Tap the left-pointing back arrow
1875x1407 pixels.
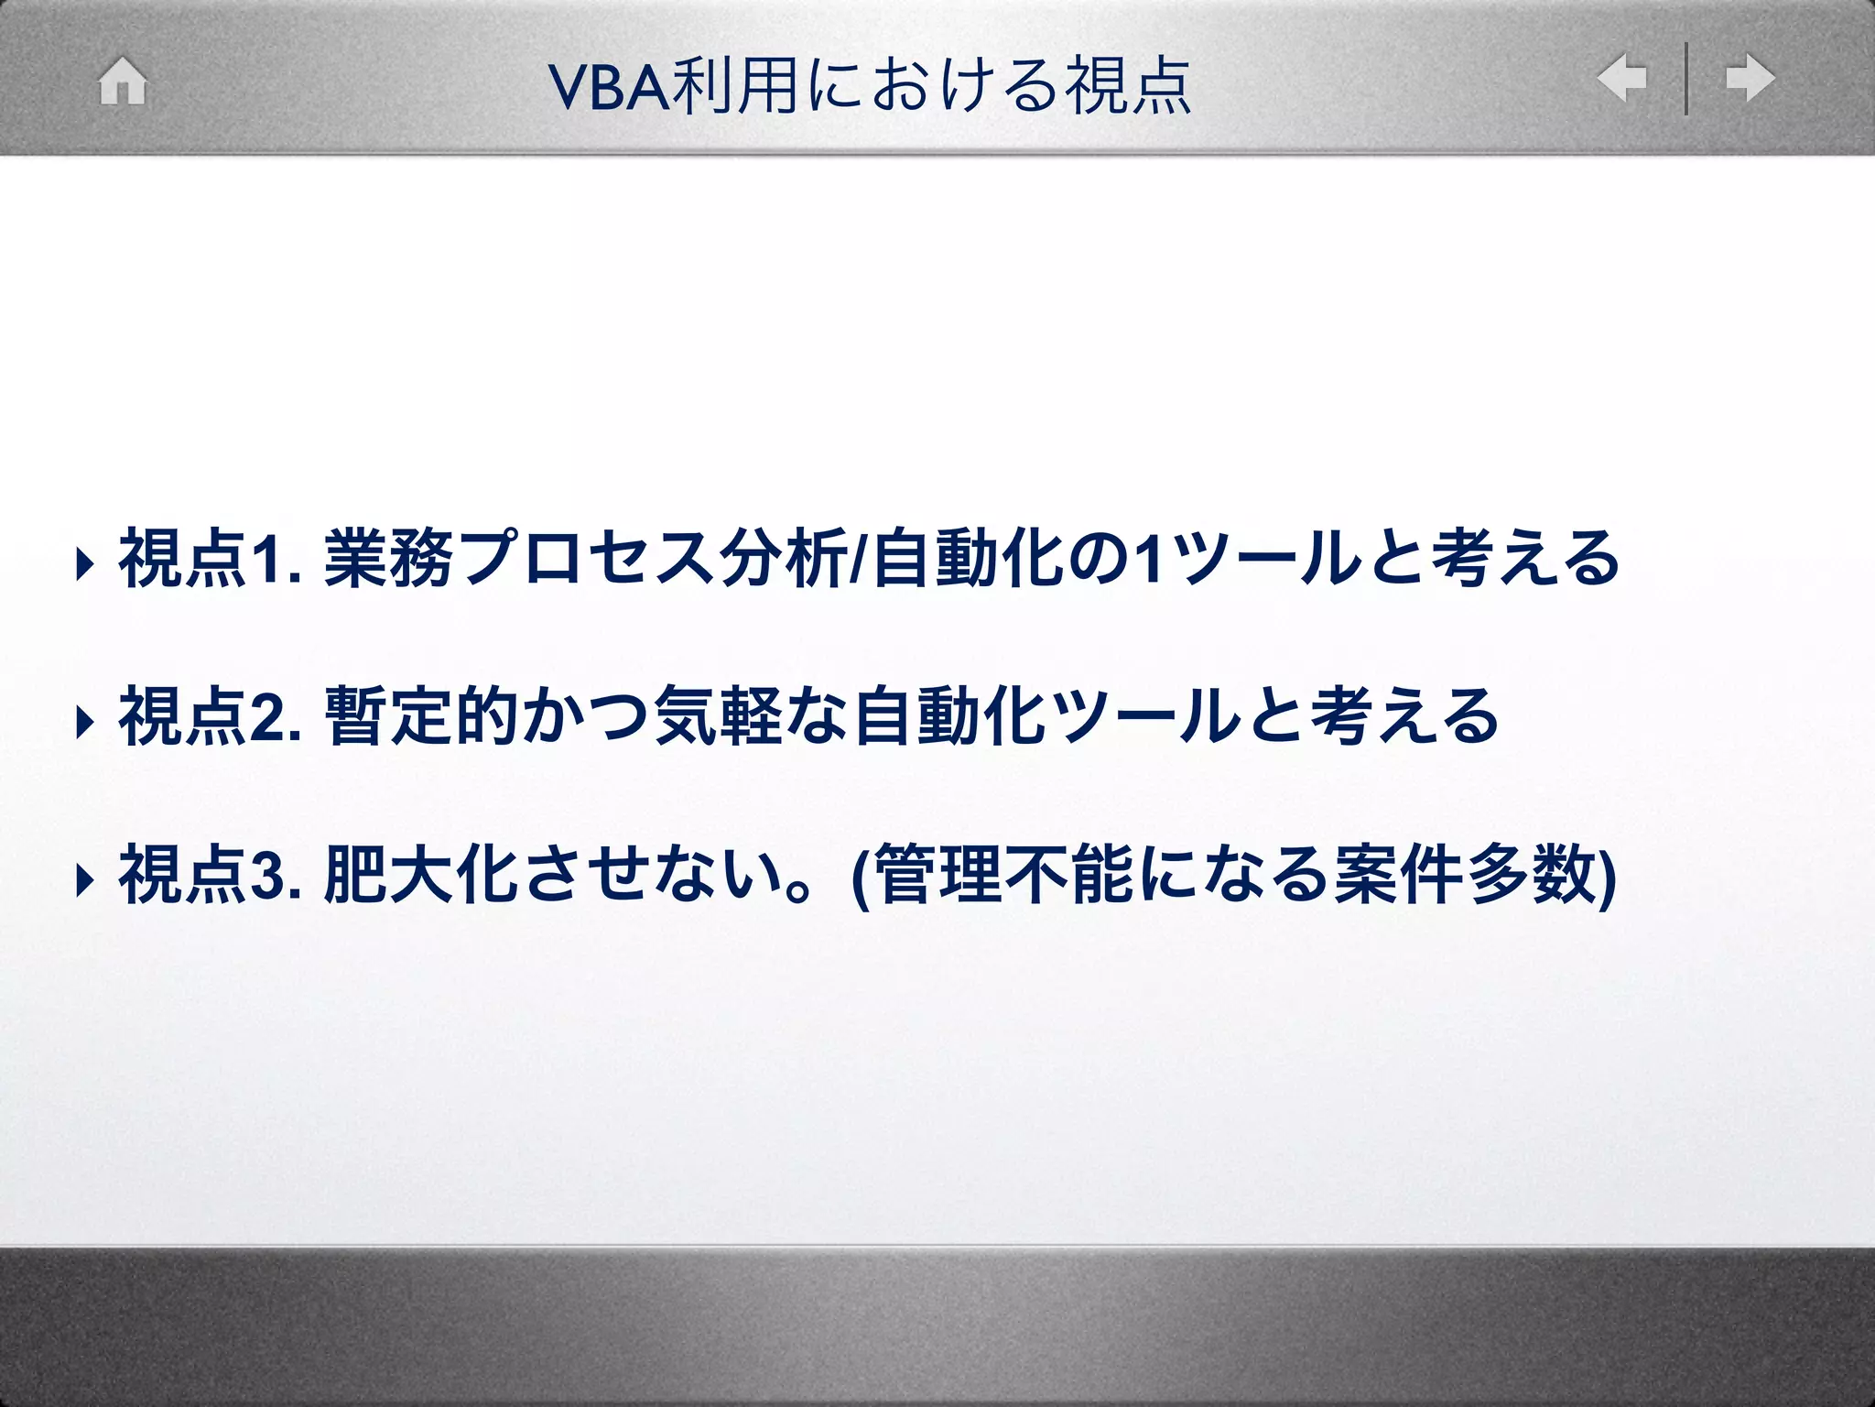pos(1621,78)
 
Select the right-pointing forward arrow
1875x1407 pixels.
pos(1750,78)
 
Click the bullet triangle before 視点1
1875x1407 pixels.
pos(85,564)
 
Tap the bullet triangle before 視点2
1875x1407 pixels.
pos(85,722)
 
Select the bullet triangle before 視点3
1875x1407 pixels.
pos(85,880)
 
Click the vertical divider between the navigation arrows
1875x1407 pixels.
pos(1686,79)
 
